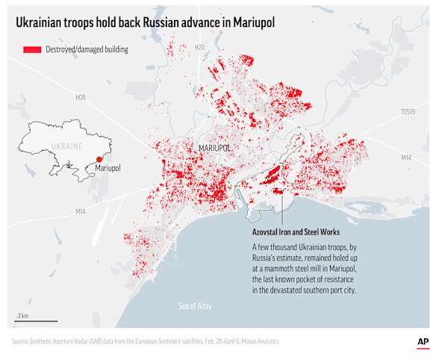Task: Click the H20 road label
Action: tap(199, 48)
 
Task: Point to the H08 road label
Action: tap(81, 97)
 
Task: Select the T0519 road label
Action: tap(406, 112)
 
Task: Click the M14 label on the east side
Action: tap(406, 158)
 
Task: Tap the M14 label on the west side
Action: tap(81, 212)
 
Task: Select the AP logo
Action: tap(422, 341)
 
